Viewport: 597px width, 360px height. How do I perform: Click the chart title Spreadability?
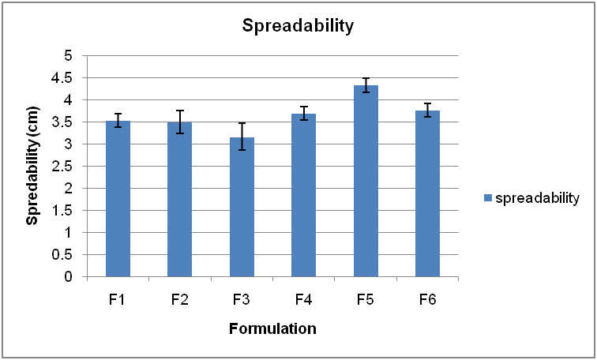click(x=298, y=26)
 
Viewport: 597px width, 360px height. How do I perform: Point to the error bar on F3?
click(x=242, y=136)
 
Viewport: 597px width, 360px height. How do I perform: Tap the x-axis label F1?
click(x=118, y=300)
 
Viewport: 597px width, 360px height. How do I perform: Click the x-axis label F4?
click(x=304, y=300)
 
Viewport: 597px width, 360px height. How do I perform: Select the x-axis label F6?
click(x=428, y=300)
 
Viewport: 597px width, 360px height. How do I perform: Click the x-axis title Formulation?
click(x=272, y=328)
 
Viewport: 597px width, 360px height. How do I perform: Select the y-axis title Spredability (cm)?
click(x=32, y=167)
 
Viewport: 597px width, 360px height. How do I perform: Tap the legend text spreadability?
click(x=538, y=197)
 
